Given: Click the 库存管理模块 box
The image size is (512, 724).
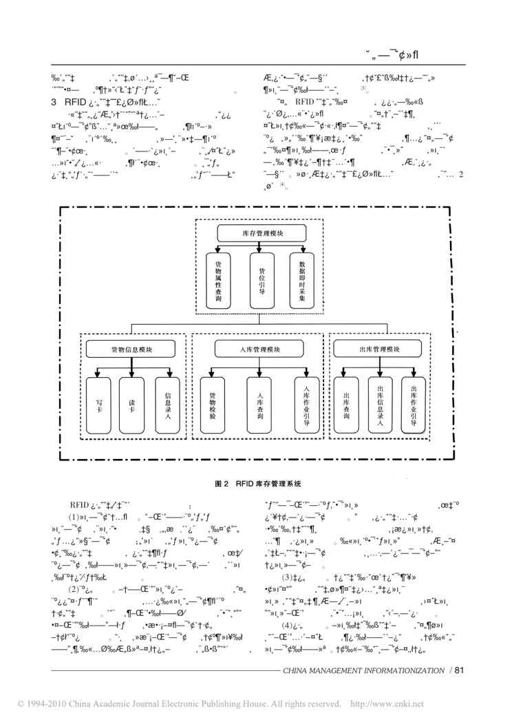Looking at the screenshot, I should click(256, 233).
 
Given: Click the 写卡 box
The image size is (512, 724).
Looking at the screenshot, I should click(99, 406).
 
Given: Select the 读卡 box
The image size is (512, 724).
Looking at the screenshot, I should click(133, 406).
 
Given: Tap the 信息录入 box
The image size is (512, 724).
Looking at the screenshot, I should click(167, 406).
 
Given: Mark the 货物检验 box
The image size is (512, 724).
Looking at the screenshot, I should click(212, 406).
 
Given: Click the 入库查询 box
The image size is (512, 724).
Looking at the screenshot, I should click(260, 406).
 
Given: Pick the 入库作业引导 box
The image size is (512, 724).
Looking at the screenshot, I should click(307, 406).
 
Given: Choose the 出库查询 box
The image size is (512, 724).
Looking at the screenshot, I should click(346, 406).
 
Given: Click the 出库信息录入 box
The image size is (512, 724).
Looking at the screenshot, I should click(380, 406).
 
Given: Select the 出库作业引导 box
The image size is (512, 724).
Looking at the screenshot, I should click(414, 406).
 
